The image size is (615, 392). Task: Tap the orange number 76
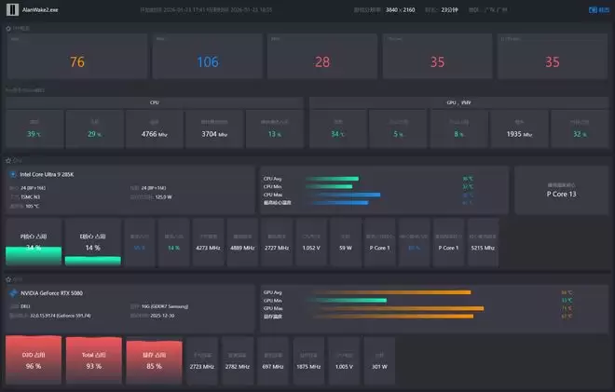tap(77, 62)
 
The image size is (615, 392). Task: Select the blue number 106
tap(208, 62)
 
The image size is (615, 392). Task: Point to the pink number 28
tap(322, 62)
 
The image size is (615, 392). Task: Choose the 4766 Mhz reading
tap(155, 134)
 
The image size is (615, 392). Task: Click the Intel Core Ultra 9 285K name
tap(49, 174)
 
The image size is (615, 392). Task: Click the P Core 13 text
tap(561, 194)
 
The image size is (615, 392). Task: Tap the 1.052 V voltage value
tap(310, 248)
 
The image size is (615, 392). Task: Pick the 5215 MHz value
tap(483, 248)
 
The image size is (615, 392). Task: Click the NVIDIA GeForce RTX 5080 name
tap(58, 293)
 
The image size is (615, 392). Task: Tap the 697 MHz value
tap(274, 367)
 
